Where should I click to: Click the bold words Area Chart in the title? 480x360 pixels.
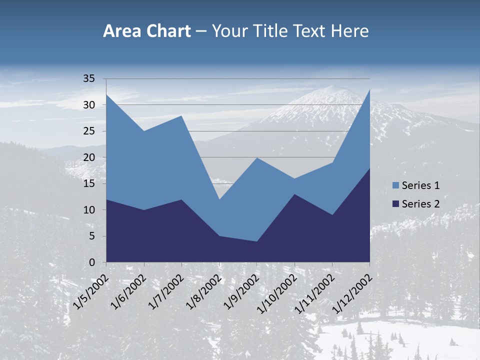[x=146, y=31]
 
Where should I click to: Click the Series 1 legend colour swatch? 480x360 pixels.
[x=395, y=185]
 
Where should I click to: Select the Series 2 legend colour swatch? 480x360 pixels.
[x=395, y=203]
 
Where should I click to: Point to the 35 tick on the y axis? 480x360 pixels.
[x=89, y=78]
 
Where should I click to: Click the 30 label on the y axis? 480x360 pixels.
[x=89, y=105]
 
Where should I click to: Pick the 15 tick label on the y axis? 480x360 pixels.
[x=89, y=183]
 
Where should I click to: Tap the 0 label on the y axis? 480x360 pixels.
[x=92, y=262]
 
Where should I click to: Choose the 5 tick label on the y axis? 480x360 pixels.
[x=92, y=236]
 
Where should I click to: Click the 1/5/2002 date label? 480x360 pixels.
[x=91, y=290]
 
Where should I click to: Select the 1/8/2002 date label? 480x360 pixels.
[x=204, y=290]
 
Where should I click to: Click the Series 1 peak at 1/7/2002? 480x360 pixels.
[x=181, y=115]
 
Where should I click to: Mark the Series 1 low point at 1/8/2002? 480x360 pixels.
[x=219, y=199]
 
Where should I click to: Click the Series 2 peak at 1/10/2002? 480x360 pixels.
[x=294, y=194]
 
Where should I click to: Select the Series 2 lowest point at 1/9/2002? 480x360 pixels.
[x=257, y=241]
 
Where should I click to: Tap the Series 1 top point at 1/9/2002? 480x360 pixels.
[x=257, y=157]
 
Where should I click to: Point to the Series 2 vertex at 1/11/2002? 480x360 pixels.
[x=332, y=215]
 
